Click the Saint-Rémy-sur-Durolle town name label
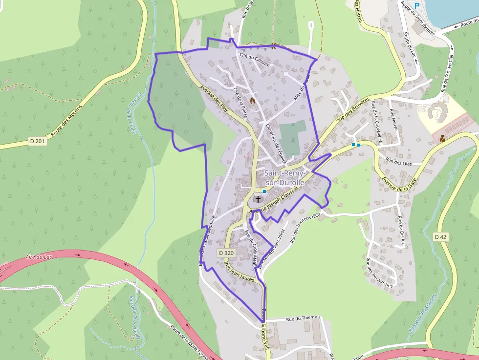[284, 177]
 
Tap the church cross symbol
[258, 199]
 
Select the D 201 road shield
[37, 141]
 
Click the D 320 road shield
[226, 253]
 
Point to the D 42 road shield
[440, 237]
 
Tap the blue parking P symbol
[417, 5]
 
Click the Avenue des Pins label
[215, 97]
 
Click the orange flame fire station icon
[253, 100]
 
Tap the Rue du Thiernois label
[304, 318]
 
